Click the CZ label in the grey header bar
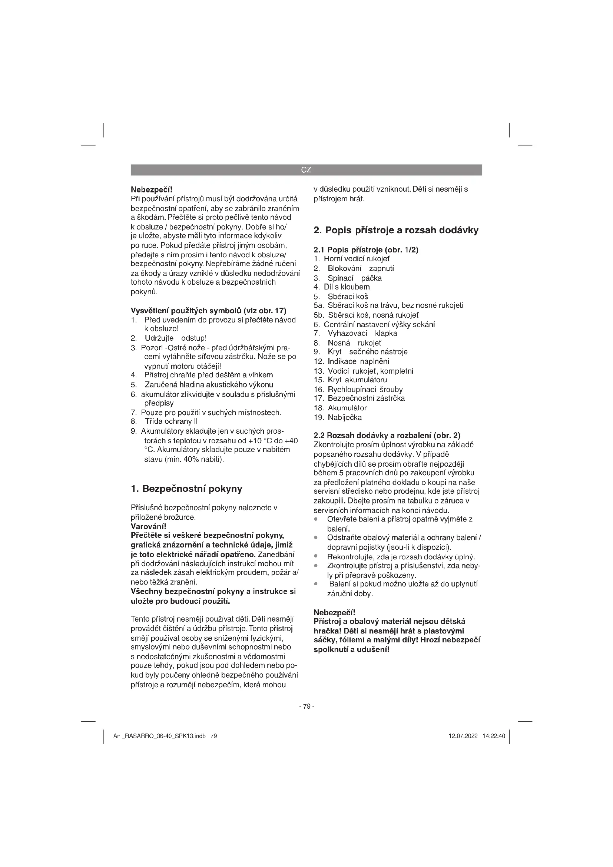[306, 170]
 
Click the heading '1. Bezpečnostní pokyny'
[186, 489]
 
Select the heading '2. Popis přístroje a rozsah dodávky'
[396, 230]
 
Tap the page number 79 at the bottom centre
[306, 706]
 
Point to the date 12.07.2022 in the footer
[463, 736]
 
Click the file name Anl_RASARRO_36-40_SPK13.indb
[159, 736]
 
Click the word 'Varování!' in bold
[148, 526]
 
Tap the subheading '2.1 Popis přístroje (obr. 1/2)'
[366, 249]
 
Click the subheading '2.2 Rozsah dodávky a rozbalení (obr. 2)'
[387, 436]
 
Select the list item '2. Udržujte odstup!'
[169, 338]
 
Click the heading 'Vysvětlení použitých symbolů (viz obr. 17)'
[208, 311]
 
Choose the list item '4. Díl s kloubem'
[342, 287]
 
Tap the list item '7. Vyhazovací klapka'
[355, 334]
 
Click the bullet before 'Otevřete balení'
[315, 519]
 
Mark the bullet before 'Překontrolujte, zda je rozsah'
[315, 557]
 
